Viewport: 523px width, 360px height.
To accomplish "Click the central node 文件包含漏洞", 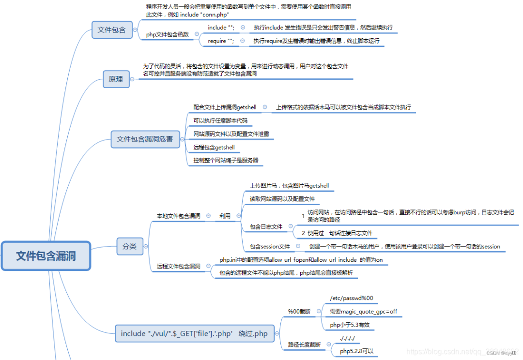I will coord(46,255).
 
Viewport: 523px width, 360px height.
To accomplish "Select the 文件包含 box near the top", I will coord(111,30).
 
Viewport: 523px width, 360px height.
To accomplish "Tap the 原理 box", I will coord(116,79).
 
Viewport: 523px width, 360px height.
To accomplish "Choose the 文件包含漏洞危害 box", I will coord(145,139).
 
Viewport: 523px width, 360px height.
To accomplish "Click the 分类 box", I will coord(129,246).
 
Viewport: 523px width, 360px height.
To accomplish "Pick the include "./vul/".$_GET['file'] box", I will coord(194,333).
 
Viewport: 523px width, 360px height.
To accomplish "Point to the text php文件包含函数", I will coord(168,34).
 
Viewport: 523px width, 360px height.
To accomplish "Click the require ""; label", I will coord(221,41).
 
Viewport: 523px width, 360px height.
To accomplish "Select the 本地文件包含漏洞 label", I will coord(178,216).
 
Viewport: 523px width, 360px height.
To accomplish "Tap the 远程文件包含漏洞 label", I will coord(178,266).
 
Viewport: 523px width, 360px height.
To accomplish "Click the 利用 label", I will coord(225,216).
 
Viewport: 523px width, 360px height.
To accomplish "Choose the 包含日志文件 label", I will coord(266,226).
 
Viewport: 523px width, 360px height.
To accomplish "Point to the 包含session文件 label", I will coord(270,246).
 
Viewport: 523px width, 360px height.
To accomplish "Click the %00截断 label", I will coord(299,311).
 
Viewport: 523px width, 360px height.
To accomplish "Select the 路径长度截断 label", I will coord(304,345).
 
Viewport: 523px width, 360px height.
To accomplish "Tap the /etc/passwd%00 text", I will coord(351,298).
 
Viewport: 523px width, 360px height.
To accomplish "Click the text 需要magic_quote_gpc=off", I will coord(363,311).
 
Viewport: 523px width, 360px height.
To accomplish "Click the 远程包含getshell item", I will coord(214,147).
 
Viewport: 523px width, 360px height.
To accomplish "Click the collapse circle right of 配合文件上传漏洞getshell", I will coord(265,107).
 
